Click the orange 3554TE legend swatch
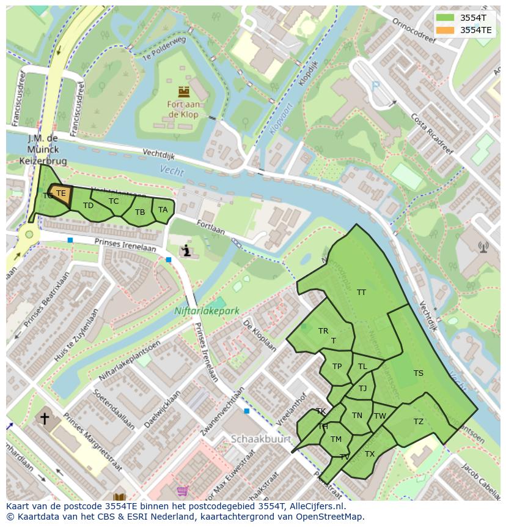[x=446, y=29]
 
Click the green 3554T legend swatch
[x=446, y=18]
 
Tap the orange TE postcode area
[x=61, y=194]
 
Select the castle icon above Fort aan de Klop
[x=183, y=92]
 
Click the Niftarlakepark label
[x=207, y=311]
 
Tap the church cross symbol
[x=44, y=419]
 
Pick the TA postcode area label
[x=163, y=210]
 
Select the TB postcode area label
[x=140, y=212]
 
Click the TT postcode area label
[x=361, y=293]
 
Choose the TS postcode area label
[x=418, y=373]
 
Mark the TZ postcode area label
[x=418, y=422]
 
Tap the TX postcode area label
[x=369, y=454]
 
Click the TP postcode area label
[x=337, y=367]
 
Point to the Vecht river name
[x=172, y=171]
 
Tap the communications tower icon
[x=483, y=247]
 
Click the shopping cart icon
[x=182, y=491]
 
